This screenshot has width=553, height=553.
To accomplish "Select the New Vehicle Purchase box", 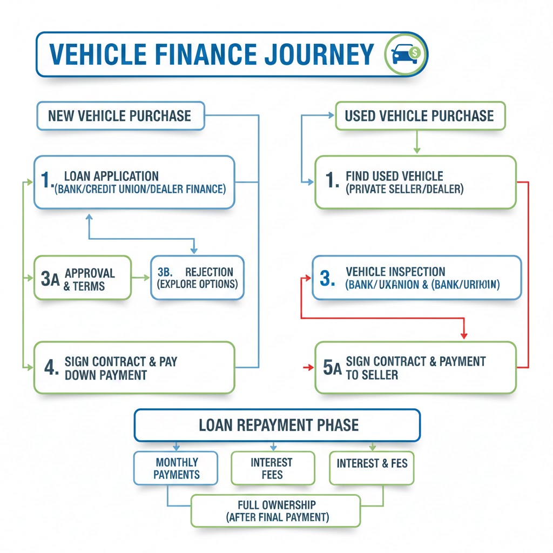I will tap(120, 116).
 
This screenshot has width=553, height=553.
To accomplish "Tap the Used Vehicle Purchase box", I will tap(420, 116).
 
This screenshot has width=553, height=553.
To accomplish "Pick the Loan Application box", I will tap(134, 183).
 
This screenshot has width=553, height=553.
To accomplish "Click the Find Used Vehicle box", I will tap(415, 183).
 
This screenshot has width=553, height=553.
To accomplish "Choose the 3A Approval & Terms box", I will tap(83, 278).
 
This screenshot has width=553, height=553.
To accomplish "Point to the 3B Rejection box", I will tap(197, 278).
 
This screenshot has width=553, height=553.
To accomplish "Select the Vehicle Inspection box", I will tap(417, 278).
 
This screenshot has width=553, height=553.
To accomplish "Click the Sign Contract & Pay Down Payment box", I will tap(134, 368).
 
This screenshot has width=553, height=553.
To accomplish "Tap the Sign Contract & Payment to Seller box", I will tap(415, 368).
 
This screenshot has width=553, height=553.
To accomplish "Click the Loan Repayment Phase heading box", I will tap(277, 425).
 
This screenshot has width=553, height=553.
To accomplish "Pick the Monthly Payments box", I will tap(176, 468).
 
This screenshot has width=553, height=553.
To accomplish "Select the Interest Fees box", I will tap(272, 468).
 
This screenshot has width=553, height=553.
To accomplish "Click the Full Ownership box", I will tap(275, 510).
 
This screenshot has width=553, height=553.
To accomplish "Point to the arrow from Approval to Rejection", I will tap(141, 278).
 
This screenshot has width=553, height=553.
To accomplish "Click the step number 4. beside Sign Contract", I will tap(51, 368).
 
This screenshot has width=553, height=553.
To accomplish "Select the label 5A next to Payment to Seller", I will tap(332, 368).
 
